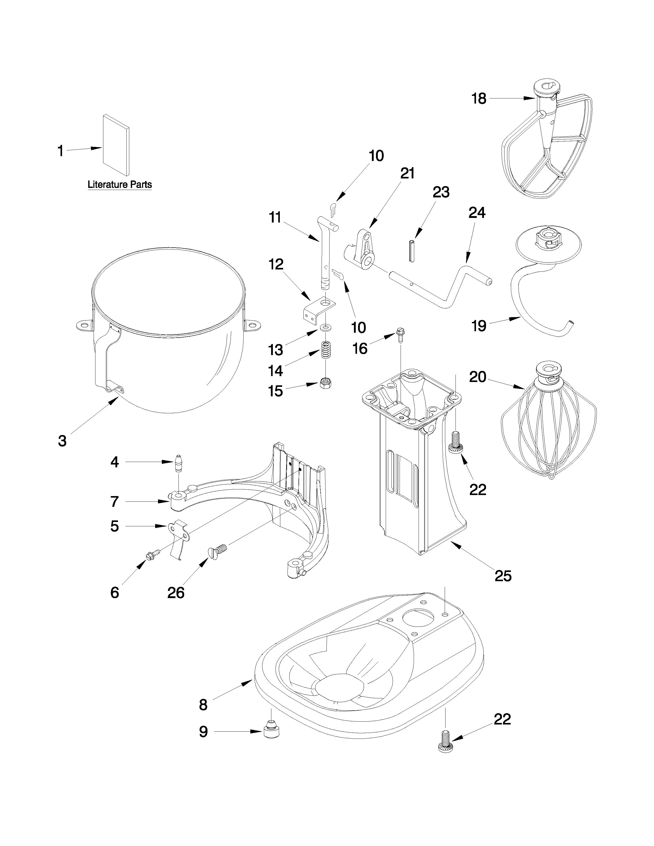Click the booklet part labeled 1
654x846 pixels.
(x=116, y=145)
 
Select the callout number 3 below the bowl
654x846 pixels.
(x=62, y=441)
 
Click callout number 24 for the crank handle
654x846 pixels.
(x=477, y=213)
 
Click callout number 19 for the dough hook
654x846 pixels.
(x=479, y=326)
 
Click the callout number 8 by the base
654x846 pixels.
(x=203, y=704)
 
